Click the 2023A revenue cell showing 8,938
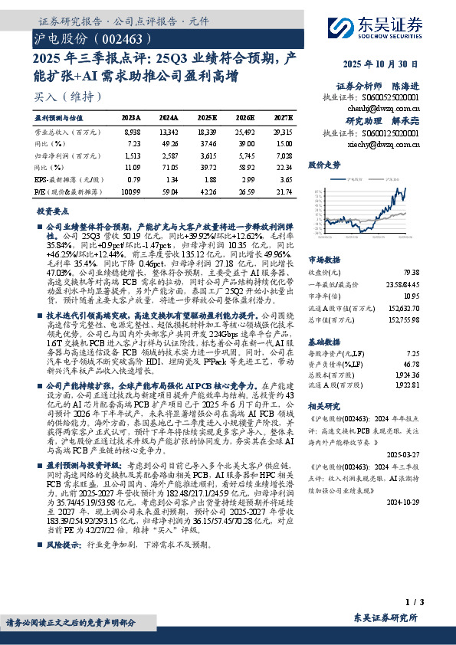(x=132, y=132)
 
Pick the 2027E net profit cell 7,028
(x=284, y=153)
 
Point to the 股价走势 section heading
(x=324, y=165)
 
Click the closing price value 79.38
(x=410, y=272)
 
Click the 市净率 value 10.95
(x=410, y=294)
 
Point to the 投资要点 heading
(x=52, y=210)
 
